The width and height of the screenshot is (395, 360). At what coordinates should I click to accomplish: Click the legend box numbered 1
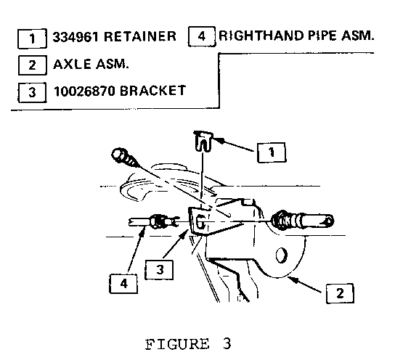(32, 38)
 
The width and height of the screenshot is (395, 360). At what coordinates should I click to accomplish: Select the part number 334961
(76, 37)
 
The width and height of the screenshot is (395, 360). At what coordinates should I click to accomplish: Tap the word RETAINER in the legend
(140, 36)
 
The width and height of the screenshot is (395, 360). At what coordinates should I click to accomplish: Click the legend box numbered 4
(202, 36)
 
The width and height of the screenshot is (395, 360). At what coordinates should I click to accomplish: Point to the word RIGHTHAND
(261, 36)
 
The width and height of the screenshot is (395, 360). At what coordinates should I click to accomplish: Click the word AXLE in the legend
(72, 64)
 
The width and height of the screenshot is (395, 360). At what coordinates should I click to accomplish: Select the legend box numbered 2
(33, 65)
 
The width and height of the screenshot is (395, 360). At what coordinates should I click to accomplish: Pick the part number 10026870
(84, 91)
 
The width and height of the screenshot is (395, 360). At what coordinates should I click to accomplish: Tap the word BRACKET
(152, 91)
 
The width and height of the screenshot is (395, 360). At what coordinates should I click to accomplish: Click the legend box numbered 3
(32, 92)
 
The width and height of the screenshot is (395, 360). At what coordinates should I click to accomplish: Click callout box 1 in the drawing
(272, 152)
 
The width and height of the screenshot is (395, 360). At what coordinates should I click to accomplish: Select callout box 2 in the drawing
(340, 293)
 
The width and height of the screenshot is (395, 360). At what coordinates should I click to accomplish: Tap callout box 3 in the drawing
(159, 270)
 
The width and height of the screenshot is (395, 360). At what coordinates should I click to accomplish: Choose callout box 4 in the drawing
(123, 284)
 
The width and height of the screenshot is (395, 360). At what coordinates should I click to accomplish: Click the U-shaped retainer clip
(203, 142)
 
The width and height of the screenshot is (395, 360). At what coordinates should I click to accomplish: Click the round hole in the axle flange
(282, 255)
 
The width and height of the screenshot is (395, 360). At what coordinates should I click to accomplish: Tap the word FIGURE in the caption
(177, 344)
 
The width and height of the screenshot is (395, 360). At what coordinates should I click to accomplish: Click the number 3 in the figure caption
(227, 343)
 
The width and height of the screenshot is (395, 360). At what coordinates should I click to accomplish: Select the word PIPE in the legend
(322, 36)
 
